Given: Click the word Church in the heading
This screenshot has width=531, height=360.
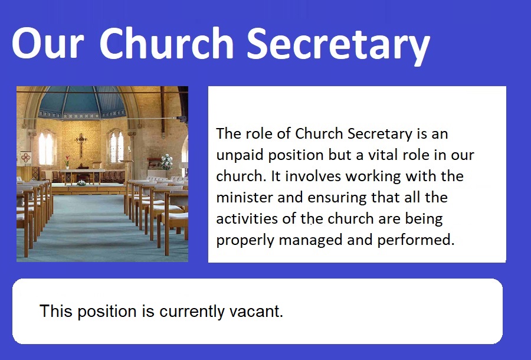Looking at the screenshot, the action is pyautogui.click(x=166, y=43).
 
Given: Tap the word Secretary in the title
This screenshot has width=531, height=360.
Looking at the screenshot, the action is pyautogui.click(x=339, y=45).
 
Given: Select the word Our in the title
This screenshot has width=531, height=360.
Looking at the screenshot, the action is pyautogui.click(x=48, y=43).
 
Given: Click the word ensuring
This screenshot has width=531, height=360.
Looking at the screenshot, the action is pyautogui.click(x=337, y=198).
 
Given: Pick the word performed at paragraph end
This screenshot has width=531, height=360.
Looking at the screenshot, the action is pyautogui.click(x=415, y=240).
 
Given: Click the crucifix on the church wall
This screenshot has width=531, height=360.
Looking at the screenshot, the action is pyautogui.click(x=81, y=145).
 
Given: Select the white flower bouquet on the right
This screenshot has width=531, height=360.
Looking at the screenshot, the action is pyautogui.click(x=166, y=162).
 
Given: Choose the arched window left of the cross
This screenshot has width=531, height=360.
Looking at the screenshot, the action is pyautogui.click(x=47, y=148).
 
